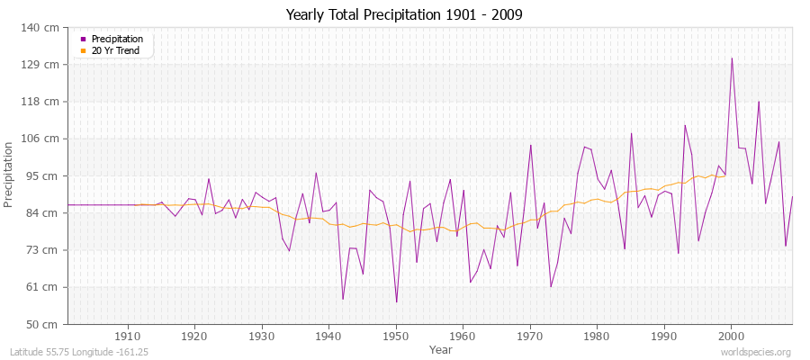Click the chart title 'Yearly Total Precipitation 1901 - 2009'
coord(404,14)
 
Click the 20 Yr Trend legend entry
coord(115,50)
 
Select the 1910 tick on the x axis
coord(128,336)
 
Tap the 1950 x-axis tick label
coord(396,336)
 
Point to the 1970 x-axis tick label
coord(530,336)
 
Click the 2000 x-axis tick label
coord(731,336)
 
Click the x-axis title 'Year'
coord(441,349)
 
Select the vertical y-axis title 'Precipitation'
coord(10,175)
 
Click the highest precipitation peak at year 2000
coord(732,58)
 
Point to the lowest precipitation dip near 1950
coord(396,301)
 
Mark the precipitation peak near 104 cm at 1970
coord(531,145)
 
